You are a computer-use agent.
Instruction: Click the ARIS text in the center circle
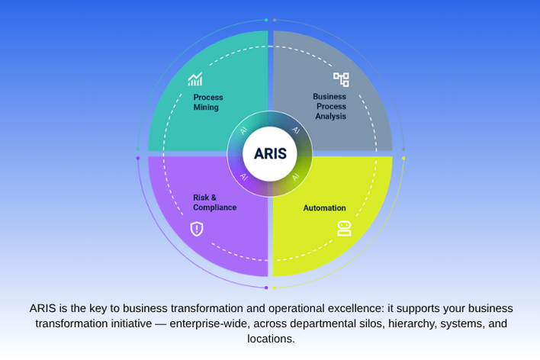coord(270,154)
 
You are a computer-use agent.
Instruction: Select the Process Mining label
coord(207,102)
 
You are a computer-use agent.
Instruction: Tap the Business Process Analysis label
coord(330,107)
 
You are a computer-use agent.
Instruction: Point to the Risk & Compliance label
coord(214,202)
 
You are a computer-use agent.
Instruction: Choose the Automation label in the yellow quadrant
coord(324,207)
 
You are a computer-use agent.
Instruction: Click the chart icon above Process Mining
coord(196,79)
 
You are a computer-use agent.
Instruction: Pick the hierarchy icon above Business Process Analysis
coord(341,79)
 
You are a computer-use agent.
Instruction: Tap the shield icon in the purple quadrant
coord(197,229)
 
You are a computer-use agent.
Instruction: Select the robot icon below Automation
coord(343,229)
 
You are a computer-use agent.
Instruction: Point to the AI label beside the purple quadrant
coord(244,177)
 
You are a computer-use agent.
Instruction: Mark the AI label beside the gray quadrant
coord(296,130)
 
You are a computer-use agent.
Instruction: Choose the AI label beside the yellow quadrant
coord(296,177)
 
